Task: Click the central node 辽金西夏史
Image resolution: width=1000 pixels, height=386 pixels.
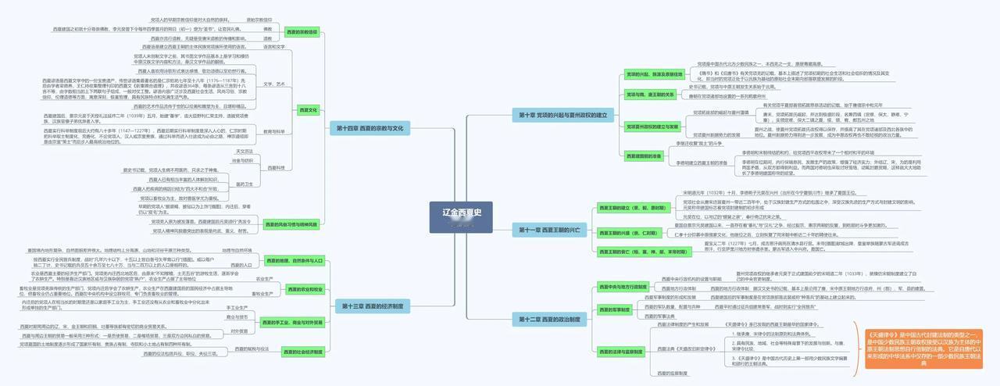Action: pyautogui.click(x=462, y=213)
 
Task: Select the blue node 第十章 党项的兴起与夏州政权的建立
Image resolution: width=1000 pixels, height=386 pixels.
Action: pyautogui.click(x=561, y=115)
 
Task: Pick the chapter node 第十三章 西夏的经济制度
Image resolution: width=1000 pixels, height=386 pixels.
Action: pyautogui.click(x=372, y=306)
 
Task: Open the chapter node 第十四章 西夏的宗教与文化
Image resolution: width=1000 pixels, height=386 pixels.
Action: pyautogui.click(x=370, y=127)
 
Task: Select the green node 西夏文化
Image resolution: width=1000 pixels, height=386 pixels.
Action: pyautogui.click(x=309, y=110)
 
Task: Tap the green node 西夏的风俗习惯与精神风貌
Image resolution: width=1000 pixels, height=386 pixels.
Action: pyautogui.click(x=291, y=224)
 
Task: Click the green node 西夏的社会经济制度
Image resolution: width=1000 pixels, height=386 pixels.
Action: pyautogui.click(x=303, y=352)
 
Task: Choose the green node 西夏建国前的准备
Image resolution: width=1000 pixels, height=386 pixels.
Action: pyautogui.click(x=645, y=155)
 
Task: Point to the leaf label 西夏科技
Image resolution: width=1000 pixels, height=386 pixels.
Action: pyautogui.click(x=276, y=168)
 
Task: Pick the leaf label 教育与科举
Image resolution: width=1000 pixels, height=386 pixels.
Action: pyautogui.click(x=273, y=131)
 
